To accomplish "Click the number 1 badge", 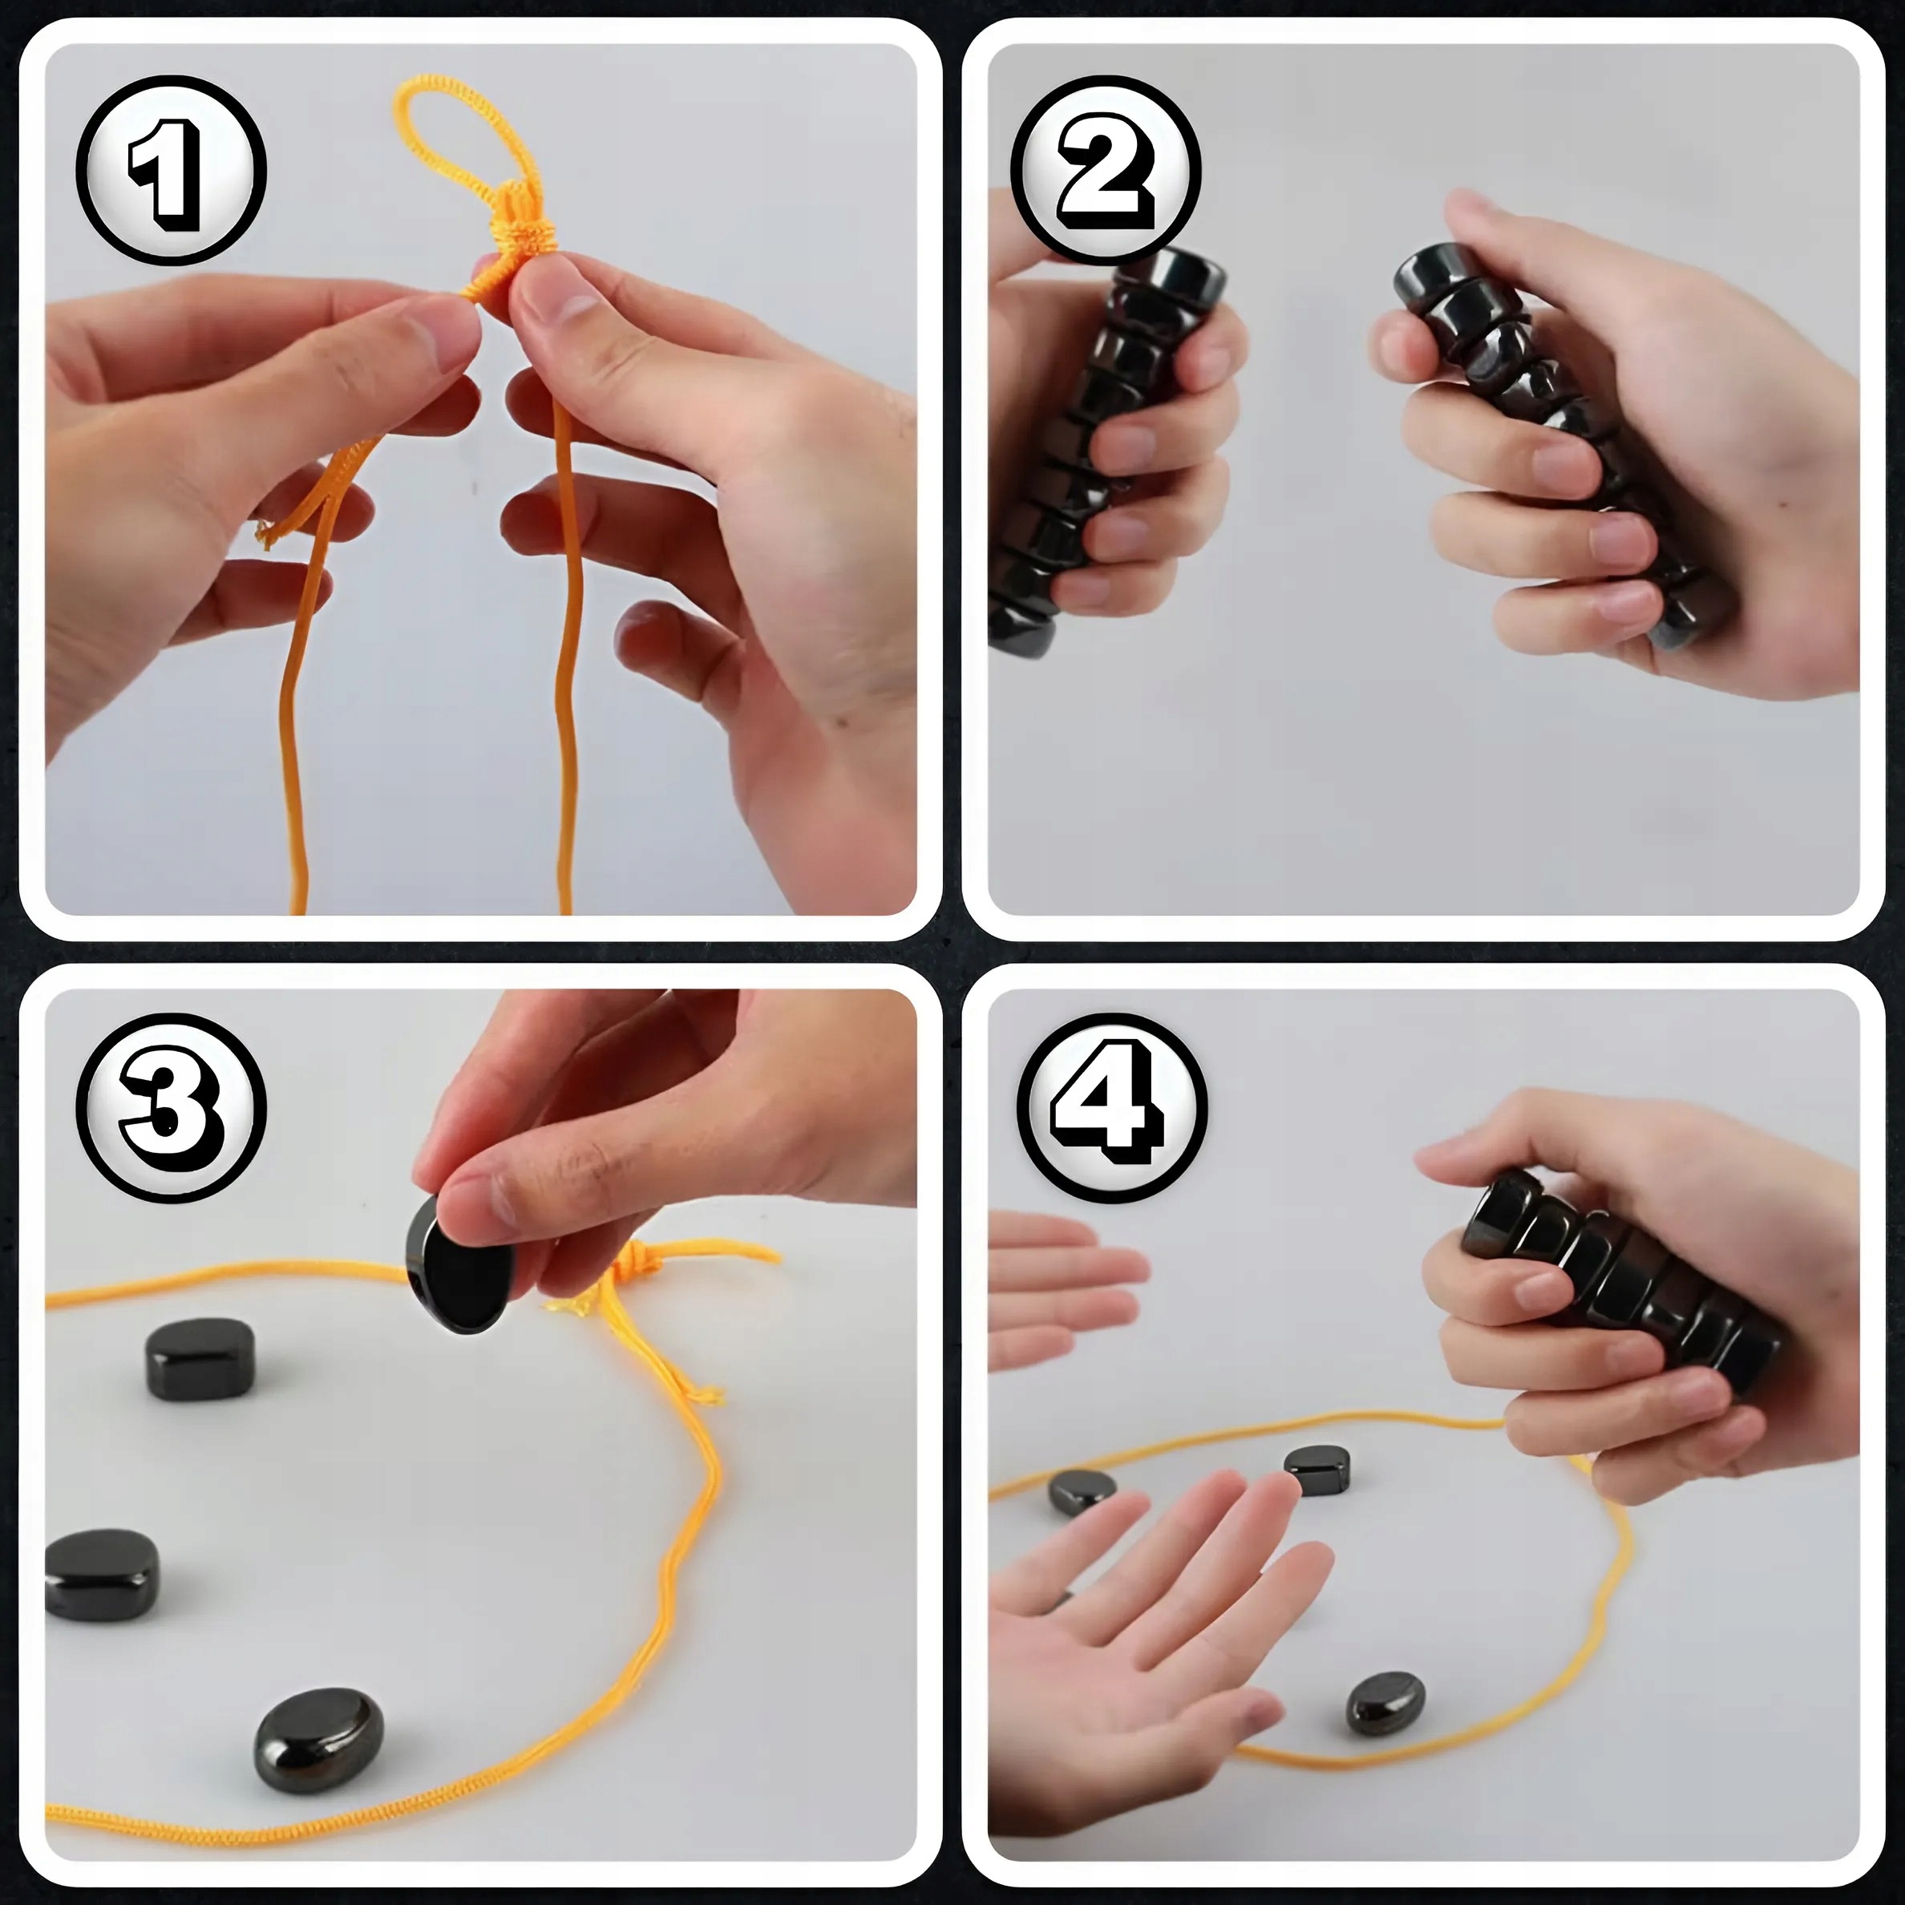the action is coord(172,170).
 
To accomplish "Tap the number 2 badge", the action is coord(1106,170).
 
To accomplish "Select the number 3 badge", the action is coord(172,1106).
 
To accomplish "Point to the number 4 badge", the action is coord(1112,1106).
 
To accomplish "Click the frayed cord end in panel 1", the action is coord(269,532).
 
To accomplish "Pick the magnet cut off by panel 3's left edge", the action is coord(102,1575).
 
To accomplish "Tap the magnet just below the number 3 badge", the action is coord(200,1359).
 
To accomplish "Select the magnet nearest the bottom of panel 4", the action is coord(1385,1703).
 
